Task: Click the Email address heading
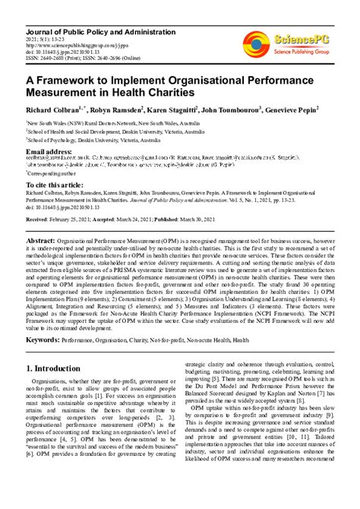(55, 151)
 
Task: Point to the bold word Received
(39, 218)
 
